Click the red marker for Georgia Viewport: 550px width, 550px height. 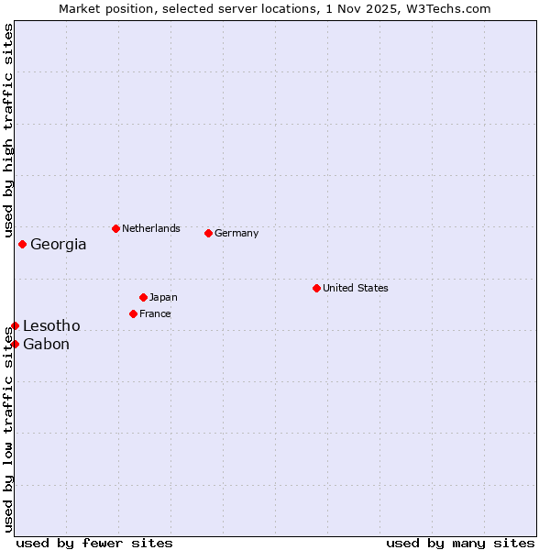click(22, 244)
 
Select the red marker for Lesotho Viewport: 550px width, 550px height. click(15, 325)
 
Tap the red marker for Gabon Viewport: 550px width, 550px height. click(15, 344)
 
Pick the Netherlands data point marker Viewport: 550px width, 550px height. click(115, 228)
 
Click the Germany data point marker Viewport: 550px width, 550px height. click(208, 233)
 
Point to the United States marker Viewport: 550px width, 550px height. click(316, 288)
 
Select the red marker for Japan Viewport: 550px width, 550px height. click(143, 297)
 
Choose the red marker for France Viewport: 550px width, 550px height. click(133, 313)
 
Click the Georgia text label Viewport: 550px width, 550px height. click(59, 245)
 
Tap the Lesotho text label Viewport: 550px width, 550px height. click(51, 326)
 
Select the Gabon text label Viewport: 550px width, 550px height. click(46, 345)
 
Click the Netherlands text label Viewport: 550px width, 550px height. click(151, 228)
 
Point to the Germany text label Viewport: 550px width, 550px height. click(236, 233)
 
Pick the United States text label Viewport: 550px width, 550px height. click(356, 288)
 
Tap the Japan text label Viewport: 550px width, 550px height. click(163, 297)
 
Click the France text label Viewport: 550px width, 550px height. click(155, 313)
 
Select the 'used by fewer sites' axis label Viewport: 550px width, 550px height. click(94, 543)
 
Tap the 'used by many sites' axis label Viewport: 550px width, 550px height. click(460, 543)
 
